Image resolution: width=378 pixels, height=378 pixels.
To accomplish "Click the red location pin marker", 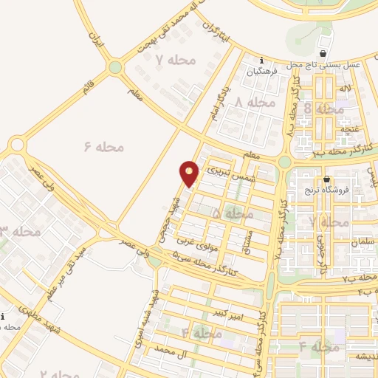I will (189, 173).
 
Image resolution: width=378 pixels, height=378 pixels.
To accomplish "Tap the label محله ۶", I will (103, 146).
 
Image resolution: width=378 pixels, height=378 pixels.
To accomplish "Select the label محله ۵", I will (233, 213).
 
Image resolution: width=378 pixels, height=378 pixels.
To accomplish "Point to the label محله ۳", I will (20, 232).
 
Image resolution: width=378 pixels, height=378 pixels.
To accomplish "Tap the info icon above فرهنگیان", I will (261, 61).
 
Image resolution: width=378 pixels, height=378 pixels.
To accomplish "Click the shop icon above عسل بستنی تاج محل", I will (323, 54).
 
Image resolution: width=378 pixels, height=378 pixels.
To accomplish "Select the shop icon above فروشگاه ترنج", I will (327, 179).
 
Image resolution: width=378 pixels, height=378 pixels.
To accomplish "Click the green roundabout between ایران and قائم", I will (114, 68).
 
